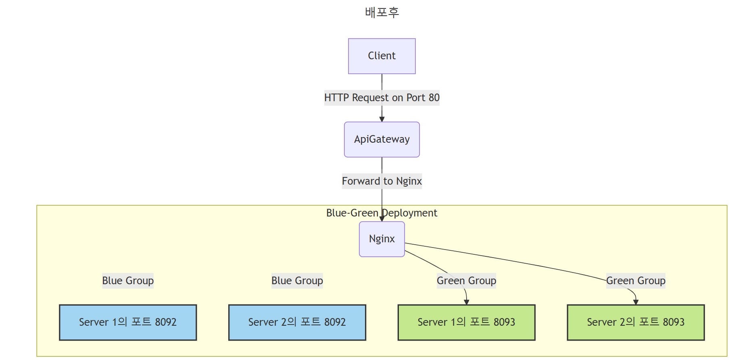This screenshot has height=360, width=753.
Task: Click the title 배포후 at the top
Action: tap(382, 12)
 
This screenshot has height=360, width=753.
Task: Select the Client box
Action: tap(382, 56)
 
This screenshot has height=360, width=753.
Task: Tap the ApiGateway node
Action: tap(382, 139)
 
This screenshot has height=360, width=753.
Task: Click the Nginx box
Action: tap(382, 239)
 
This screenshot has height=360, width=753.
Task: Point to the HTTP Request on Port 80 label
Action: tap(382, 98)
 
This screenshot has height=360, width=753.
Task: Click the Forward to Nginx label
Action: tap(382, 181)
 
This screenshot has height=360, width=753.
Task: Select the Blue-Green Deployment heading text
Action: tap(382, 213)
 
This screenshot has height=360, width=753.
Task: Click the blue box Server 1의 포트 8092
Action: tap(127, 323)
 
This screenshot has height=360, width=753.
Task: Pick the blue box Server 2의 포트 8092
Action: tap(297, 323)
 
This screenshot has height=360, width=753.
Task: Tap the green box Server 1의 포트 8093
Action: tap(466, 323)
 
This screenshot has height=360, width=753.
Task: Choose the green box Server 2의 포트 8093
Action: tap(636, 323)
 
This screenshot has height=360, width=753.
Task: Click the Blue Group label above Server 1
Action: tap(127, 281)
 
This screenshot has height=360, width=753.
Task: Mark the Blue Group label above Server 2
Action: tap(297, 281)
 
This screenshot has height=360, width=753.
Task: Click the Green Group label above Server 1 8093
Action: tap(466, 281)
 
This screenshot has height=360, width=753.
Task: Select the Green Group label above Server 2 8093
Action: tap(636, 281)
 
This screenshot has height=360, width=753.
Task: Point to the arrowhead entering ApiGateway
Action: tap(382, 119)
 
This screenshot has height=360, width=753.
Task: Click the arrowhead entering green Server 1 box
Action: tap(466, 302)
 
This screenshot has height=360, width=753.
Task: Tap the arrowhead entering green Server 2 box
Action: tap(636, 302)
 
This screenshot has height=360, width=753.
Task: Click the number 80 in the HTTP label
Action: tap(434, 98)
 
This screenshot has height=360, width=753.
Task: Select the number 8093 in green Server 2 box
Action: tap(674, 323)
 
